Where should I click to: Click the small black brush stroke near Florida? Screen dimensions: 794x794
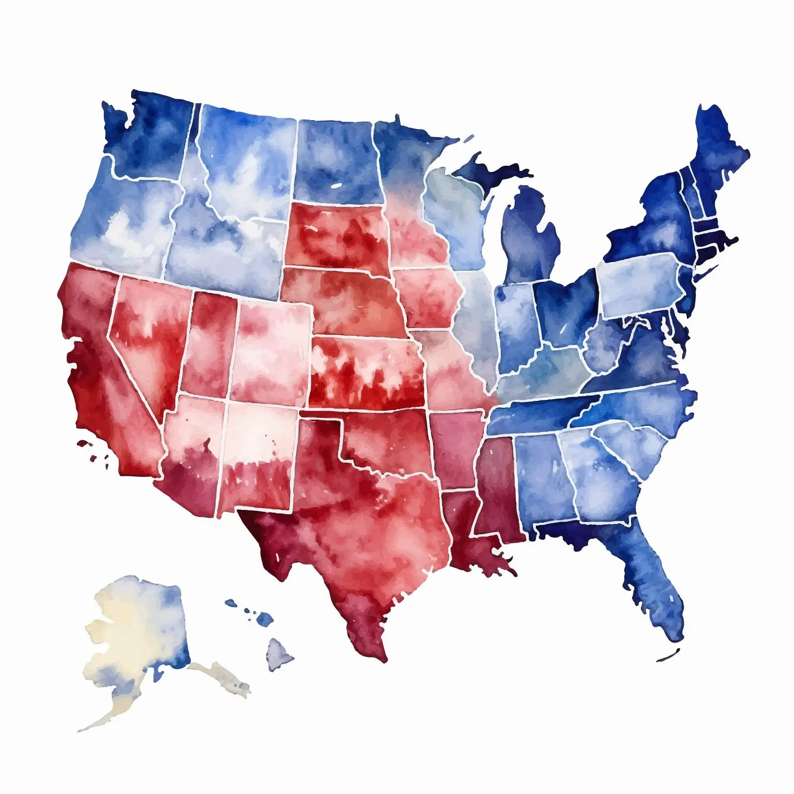coord(667,656)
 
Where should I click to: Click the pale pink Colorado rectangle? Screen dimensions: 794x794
coord(270,347)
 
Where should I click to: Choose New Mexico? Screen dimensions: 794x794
coord(258,457)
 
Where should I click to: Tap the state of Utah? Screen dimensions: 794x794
coord(208,342)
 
